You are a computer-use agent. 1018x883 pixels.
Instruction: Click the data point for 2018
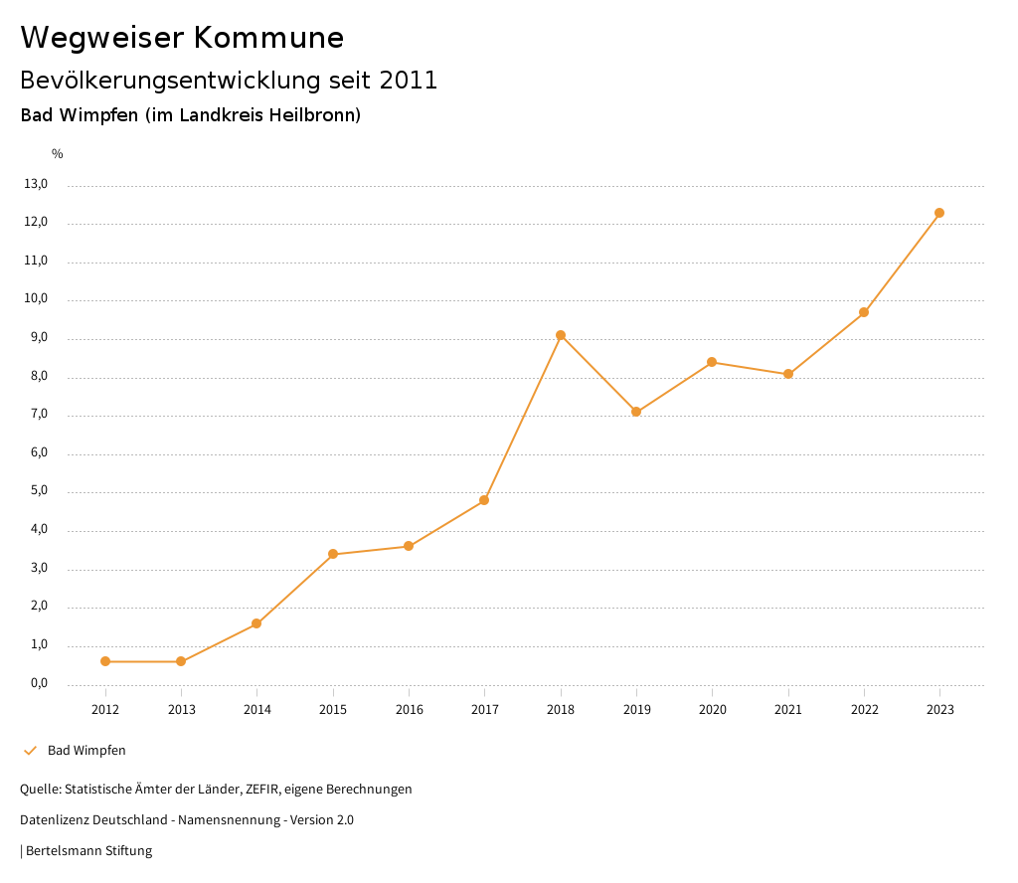(561, 335)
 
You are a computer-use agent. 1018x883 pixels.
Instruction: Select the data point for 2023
(939, 213)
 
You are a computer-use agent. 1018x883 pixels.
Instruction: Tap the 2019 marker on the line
(636, 412)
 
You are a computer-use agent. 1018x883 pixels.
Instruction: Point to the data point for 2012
(105, 661)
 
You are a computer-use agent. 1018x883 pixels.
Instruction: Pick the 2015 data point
(333, 554)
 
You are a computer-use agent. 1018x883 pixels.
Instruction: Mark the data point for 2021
(788, 374)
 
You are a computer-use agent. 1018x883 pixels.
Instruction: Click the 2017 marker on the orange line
(484, 500)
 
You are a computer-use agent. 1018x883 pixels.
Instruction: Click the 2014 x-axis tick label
(256, 710)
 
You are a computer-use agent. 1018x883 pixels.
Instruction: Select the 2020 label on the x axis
(712, 710)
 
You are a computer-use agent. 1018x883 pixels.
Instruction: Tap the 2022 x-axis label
(864, 710)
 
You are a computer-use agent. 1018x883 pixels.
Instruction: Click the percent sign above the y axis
(58, 154)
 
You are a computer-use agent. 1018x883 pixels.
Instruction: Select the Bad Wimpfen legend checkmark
(30, 751)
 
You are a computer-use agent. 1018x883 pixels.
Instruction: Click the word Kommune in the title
(268, 38)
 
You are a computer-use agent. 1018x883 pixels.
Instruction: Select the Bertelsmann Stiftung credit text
(88, 851)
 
